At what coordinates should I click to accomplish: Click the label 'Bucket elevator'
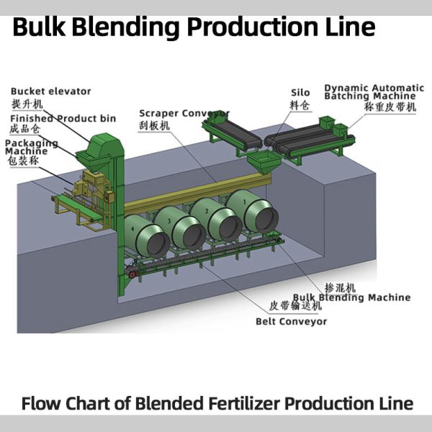pyautogui.click(x=50, y=91)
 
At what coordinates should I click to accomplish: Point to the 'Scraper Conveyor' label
pyautogui.click(x=184, y=113)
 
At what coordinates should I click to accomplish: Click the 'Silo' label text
pyautogui.click(x=300, y=92)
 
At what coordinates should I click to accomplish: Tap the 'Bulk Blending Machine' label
pyautogui.click(x=351, y=297)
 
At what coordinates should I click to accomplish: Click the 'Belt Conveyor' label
pyautogui.click(x=291, y=321)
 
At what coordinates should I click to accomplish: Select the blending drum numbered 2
pyautogui.click(x=214, y=218)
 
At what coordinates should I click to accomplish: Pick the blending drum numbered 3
pyautogui.click(x=177, y=226)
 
